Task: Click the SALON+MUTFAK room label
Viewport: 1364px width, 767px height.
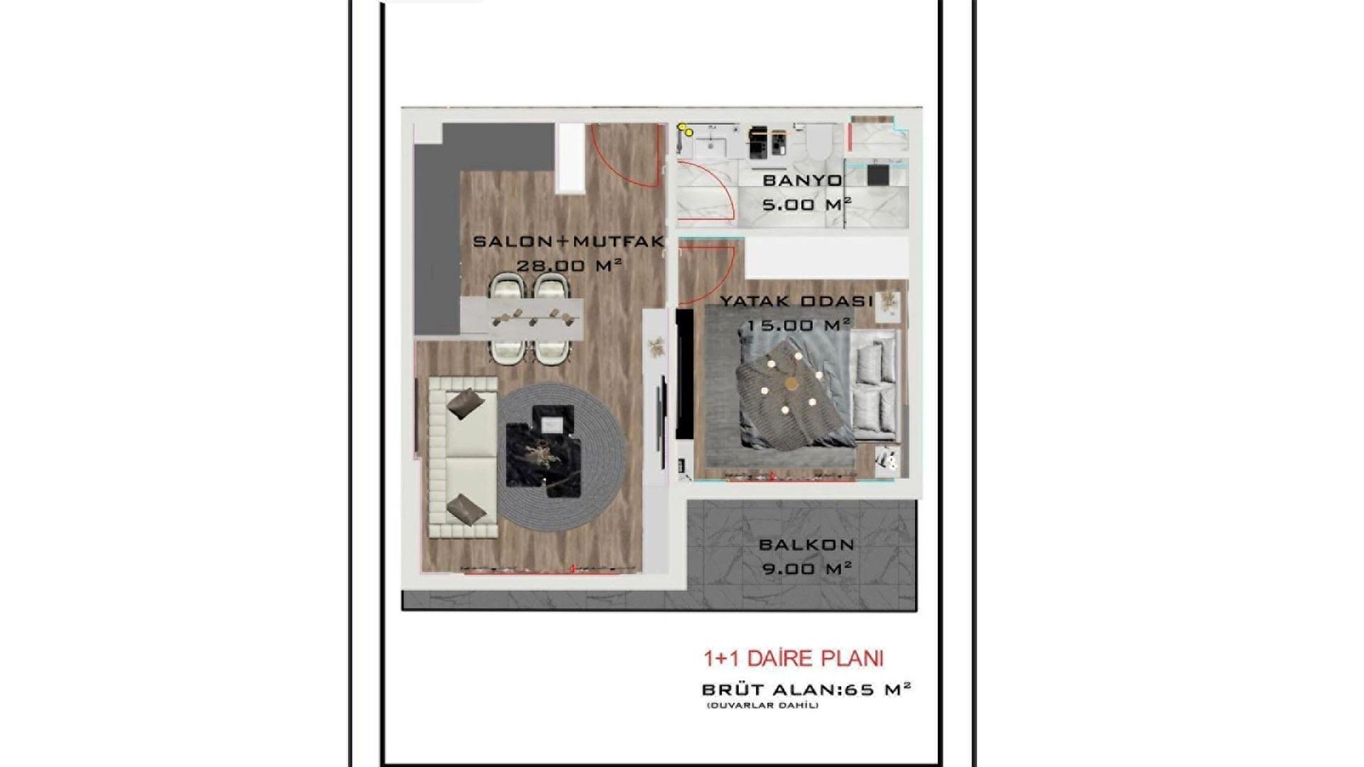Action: click(568, 241)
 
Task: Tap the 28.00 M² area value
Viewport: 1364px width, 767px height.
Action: click(570, 266)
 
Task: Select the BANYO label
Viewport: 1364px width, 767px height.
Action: click(802, 180)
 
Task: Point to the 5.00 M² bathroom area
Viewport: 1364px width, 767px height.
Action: click(807, 205)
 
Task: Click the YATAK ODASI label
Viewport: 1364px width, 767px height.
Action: click(796, 301)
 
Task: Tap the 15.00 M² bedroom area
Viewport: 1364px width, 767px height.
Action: click(799, 325)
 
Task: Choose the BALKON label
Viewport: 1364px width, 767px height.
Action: click(806, 545)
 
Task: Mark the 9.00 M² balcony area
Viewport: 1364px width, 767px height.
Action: click(807, 569)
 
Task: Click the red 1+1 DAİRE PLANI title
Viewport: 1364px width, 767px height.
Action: click(794, 658)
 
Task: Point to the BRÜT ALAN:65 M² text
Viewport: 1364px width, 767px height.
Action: click(806, 689)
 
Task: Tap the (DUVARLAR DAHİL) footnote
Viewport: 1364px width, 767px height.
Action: click(763, 705)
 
